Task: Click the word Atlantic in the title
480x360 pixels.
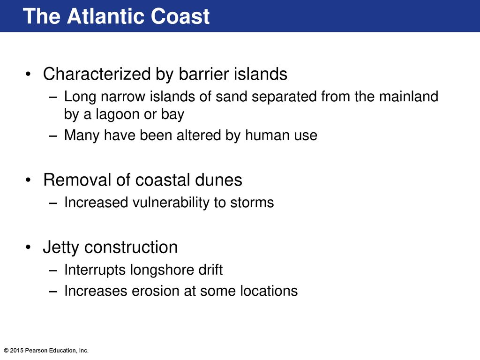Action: [106, 16]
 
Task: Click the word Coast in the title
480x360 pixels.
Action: [180, 16]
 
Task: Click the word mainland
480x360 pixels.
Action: [409, 97]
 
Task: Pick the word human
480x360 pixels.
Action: [267, 135]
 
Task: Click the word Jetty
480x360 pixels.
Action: [61, 247]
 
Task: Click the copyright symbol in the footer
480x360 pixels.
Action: [6, 351]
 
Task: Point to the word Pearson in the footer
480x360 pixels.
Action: [35, 351]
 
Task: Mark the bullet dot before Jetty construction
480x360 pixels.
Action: [29, 247]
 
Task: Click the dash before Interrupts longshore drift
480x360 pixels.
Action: [53, 271]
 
